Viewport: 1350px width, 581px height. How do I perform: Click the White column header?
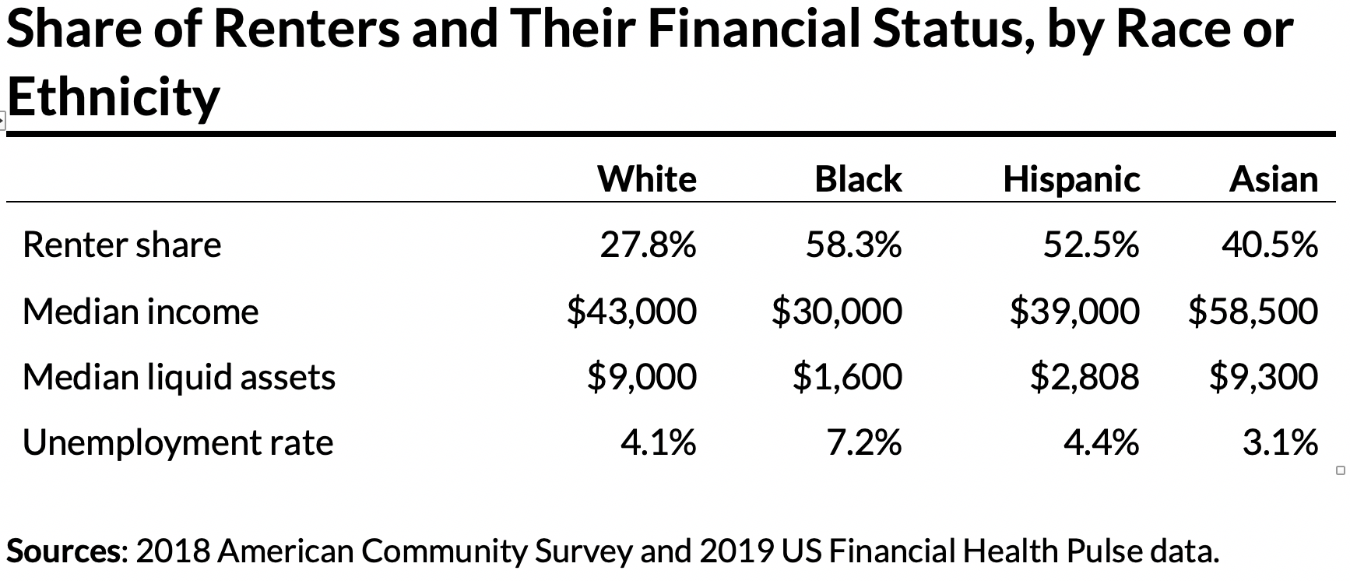(x=646, y=179)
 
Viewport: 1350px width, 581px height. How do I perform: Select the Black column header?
(x=858, y=179)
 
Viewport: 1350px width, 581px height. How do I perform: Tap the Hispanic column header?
(x=1071, y=179)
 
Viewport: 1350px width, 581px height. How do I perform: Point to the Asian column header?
(x=1274, y=179)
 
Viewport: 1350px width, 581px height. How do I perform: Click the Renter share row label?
(x=122, y=245)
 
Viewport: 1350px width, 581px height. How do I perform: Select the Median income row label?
(x=140, y=312)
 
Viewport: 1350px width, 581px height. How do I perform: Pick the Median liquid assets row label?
(x=179, y=377)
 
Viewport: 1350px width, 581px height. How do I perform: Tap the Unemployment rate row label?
(x=178, y=443)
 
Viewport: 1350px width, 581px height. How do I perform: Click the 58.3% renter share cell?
(x=853, y=245)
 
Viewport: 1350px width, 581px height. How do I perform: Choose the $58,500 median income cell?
(x=1253, y=312)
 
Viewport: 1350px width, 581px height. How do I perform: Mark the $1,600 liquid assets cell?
(x=847, y=377)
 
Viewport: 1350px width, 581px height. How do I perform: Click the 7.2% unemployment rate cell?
(x=863, y=443)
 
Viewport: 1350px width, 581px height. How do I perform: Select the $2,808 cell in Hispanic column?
(x=1085, y=377)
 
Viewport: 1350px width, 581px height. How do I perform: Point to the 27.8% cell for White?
(x=648, y=245)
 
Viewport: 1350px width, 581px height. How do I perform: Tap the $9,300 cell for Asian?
(x=1263, y=377)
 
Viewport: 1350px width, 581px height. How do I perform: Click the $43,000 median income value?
(x=631, y=312)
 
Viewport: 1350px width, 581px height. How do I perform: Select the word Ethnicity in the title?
(x=114, y=98)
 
